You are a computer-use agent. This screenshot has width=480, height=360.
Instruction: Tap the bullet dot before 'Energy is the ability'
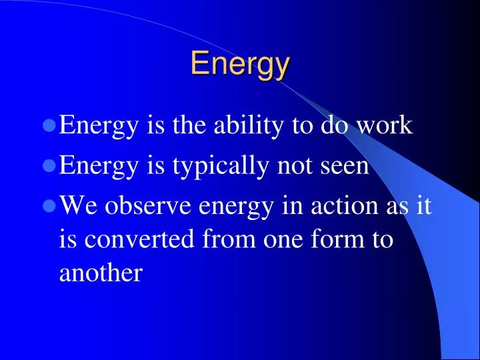pos(49,125)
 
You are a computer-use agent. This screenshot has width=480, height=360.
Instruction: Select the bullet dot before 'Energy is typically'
pos(49,165)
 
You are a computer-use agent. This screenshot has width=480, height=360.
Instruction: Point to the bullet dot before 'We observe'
pos(49,206)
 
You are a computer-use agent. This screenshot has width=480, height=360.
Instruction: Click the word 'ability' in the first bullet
pos(248,125)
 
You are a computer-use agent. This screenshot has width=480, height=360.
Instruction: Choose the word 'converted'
pos(139,238)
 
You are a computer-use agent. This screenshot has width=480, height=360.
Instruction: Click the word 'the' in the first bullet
pos(189,125)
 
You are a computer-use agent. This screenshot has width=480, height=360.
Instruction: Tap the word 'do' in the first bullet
pos(335,125)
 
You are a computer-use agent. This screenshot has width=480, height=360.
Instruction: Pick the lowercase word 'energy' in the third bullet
pos(235,207)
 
